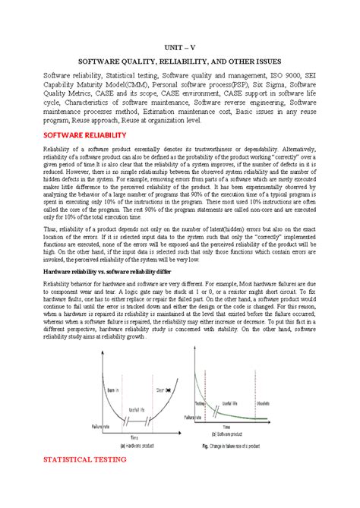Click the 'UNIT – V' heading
180,47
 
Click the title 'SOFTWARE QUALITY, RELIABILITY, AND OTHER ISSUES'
180,62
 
